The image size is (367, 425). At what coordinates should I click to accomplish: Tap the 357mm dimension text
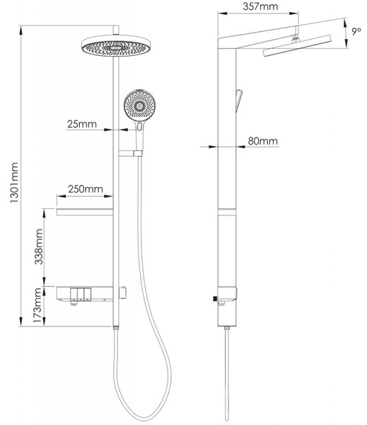tap(260, 6)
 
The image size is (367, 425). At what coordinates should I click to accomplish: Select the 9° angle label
tap(356, 31)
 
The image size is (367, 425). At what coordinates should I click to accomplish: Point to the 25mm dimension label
tap(82, 124)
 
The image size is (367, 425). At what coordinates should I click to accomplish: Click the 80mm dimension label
tap(263, 141)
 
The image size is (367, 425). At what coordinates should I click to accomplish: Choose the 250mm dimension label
tap(86, 189)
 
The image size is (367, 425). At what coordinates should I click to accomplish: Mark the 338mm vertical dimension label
tap(38, 246)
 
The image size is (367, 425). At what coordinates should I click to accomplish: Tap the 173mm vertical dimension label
tap(37, 305)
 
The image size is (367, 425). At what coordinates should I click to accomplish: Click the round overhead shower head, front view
tap(117, 46)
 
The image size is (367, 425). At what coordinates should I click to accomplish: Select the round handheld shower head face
tap(140, 106)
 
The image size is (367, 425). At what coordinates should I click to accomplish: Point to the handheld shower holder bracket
tap(130, 154)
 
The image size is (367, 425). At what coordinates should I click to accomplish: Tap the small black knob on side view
tap(215, 298)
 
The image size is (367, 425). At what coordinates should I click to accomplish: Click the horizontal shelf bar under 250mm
tap(84, 212)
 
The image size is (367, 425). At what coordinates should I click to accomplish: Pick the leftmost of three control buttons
tap(74, 295)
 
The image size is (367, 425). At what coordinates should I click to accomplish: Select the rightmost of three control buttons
tap(88, 295)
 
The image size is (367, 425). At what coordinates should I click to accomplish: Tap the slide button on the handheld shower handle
tap(139, 127)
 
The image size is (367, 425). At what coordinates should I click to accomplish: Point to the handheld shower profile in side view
tap(239, 101)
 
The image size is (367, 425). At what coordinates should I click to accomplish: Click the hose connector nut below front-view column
tap(116, 328)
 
